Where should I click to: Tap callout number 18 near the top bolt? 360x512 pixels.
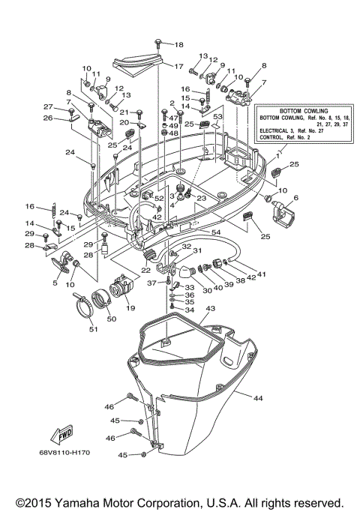pos(178,45)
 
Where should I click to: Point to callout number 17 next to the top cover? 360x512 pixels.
pos(178,67)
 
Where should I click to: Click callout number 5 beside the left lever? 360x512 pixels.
pos(55,283)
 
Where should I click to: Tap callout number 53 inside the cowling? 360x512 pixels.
pos(218,118)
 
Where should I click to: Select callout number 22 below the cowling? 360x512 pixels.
pos(147,270)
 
